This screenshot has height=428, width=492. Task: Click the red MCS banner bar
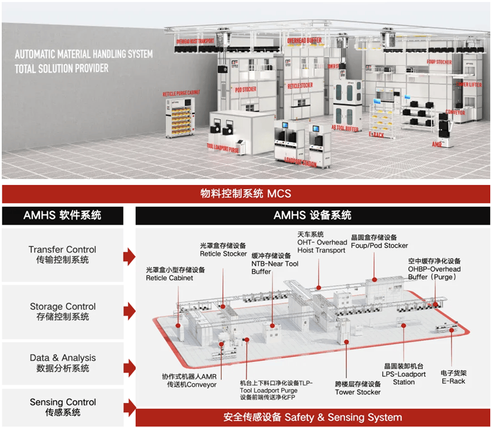pos(246,194)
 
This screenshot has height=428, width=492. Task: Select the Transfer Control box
pos(62,255)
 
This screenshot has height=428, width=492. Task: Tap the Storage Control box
pos(62,311)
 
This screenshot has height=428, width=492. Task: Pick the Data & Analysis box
pos(62,363)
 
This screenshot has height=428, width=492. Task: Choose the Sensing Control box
pos(62,407)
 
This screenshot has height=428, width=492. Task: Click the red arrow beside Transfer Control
pos(129,256)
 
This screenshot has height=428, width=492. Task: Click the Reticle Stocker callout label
pos(223,250)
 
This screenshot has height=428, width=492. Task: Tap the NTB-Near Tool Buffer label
pos(275,263)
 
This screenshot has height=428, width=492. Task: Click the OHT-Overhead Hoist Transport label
pos(322,242)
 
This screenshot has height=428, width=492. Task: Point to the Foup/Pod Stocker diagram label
pos(379,241)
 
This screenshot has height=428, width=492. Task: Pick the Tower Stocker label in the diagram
pos(358,388)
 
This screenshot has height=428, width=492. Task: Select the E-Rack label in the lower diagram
pos(453,377)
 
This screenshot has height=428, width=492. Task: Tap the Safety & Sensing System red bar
pos(312,418)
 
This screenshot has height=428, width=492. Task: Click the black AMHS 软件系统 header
pos(62,215)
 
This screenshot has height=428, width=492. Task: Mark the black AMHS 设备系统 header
pos(312,215)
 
